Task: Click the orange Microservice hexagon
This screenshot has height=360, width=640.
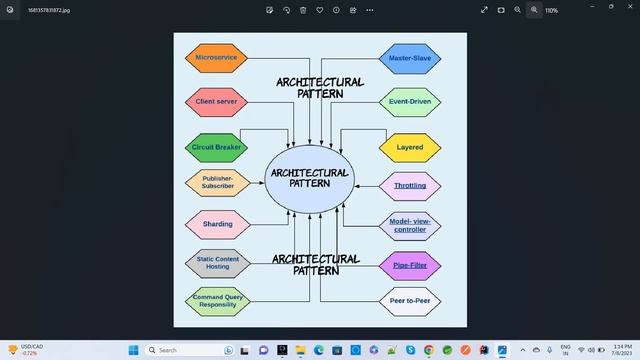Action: [216, 58]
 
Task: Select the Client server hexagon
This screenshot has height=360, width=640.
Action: [216, 102]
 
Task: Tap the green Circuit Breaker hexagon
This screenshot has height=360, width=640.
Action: [216, 147]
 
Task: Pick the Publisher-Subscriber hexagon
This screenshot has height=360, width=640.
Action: [217, 183]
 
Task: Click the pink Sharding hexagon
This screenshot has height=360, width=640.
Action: [217, 224]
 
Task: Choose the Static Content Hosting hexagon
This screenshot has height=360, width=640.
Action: [217, 263]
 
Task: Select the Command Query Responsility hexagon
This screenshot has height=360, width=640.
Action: [217, 300]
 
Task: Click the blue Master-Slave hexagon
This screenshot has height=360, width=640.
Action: [410, 58]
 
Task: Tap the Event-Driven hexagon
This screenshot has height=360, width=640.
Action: [410, 102]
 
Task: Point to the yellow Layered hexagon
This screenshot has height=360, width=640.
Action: [410, 147]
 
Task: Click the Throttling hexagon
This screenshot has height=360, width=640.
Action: [410, 185]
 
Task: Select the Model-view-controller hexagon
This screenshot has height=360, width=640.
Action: [410, 225]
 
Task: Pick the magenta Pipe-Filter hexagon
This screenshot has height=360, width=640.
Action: [410, 265]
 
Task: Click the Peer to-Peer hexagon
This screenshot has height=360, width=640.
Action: [410, 300]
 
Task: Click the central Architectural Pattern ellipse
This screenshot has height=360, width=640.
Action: [310, 178]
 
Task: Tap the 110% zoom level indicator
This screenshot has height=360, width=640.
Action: [551, 9]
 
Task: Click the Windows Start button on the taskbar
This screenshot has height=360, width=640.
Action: [132, 350]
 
